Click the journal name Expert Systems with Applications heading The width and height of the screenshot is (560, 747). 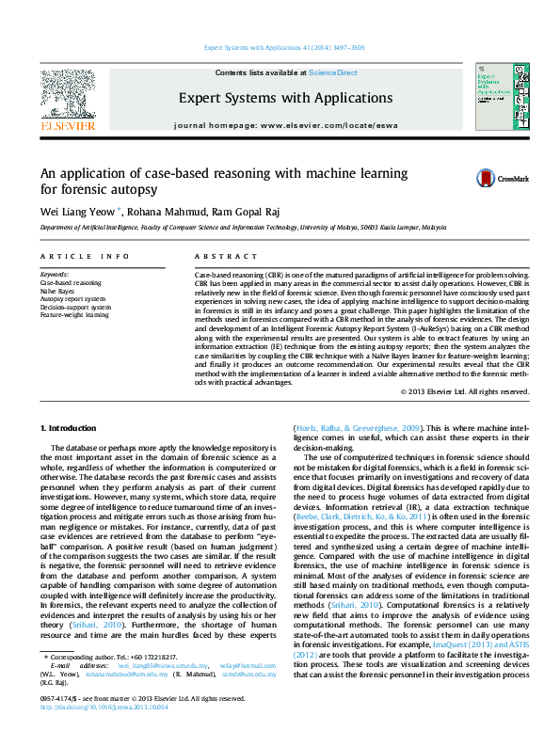pyautogui.click(x=272, y=97)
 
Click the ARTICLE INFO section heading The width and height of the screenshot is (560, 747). pyautogui.click(x=85, y=256)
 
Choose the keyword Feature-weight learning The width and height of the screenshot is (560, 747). pyautogui.click(x=76, y=315)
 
